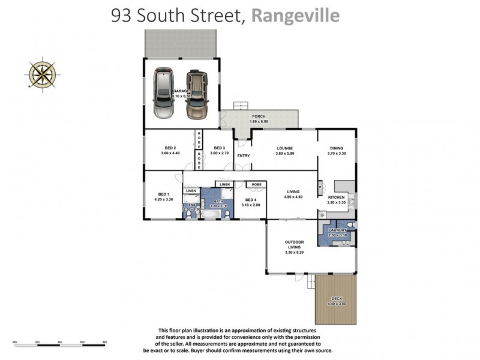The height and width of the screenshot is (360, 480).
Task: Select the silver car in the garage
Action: pyautogui.click(x=163, y=93)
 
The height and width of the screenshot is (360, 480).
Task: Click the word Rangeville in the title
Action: pyautogui.click(x=295, y=16)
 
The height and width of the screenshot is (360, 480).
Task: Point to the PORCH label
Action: pyautogui.click(x=259, y=116)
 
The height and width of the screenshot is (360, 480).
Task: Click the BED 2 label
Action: pyautogui.click(x=170, y=148)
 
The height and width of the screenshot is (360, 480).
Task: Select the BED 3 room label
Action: pyautogui.click(x=219, y=148)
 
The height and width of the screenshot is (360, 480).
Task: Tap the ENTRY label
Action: pyautogui.click(x=243, y=156)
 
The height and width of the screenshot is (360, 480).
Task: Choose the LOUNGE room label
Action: pyautogui.click(x=284, y=148)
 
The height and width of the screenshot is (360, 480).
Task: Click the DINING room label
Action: pyautogui.click(x=336, y=148)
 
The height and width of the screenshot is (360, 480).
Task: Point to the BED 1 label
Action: pyautogui.click(x=163, y=194)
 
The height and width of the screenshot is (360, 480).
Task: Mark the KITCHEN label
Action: pyautogui.click(x=335, y=196)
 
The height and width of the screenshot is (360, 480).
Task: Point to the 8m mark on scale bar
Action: pyautogui.click(x=105, y=342)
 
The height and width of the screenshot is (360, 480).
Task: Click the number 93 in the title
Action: pyautogui.click(x=122, y=16)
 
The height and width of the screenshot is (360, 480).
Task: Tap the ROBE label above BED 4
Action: pyautogui.click(x=256, y=184)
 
